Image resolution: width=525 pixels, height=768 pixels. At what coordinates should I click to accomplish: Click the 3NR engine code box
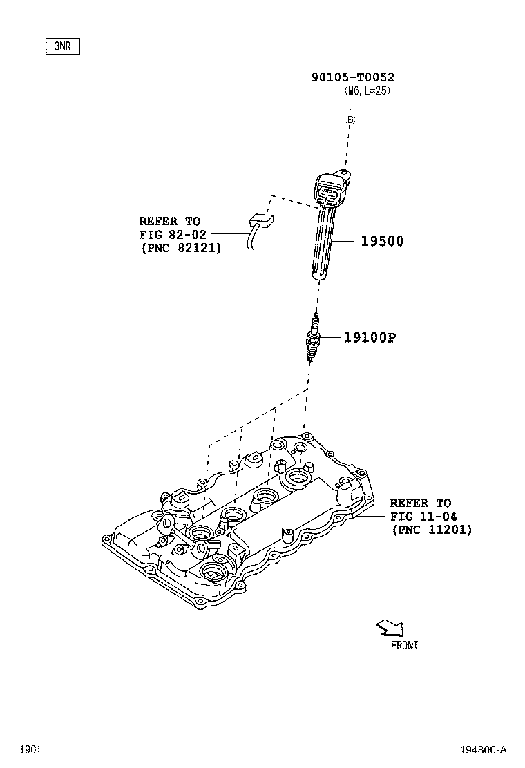tap(63, 47)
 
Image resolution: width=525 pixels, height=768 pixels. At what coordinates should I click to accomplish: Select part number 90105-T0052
tap(352, 78)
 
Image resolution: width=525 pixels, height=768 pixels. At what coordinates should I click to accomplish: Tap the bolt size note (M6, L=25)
tap(367, 91)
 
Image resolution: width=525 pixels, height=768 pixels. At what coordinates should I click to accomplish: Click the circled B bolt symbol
tap(350, 120)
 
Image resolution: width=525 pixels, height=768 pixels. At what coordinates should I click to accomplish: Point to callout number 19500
tap(381, 241)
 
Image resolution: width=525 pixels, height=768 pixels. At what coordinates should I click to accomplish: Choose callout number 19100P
tap(370, 337)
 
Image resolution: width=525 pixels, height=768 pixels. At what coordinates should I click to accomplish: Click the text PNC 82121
tap(180, 247)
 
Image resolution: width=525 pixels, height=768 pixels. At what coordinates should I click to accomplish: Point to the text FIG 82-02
tap(173, 234)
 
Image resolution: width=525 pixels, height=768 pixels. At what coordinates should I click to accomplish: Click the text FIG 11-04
tap(423, 516)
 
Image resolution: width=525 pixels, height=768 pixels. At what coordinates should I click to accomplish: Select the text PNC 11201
tap(431, 530)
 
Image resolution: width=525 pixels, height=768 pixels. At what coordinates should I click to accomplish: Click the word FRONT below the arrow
tap(404, 645)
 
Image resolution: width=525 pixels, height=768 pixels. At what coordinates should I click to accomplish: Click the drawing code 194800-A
tap(482, 749)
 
